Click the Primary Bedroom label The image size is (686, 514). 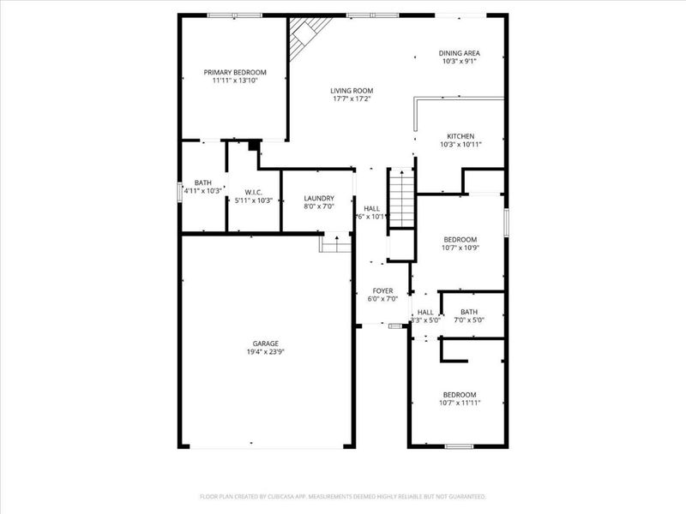click(x=234, y=72)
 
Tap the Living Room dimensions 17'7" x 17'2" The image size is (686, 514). click(x=352, y=99)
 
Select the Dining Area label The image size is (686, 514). click(x=460, y=52)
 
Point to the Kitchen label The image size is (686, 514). click(x=460, y=136)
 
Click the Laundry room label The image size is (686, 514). click(x=318, y=198)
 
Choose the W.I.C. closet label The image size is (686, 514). click(x=253, y=192)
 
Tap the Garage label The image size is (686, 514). click(x=265, y=344)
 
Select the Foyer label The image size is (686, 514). click(x=382, y=290)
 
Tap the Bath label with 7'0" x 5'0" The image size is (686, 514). click(x=469, y=312)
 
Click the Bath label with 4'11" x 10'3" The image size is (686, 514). click(x=203, y=182)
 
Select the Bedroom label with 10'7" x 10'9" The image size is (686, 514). click(x=460, y=239)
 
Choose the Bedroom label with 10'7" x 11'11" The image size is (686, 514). click(x=460, y=394)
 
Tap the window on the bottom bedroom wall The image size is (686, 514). click(x=460, y=445)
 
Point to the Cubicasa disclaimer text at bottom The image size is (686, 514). click(x=343, y=496)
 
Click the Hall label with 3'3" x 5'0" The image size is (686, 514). click(x=425, y=312)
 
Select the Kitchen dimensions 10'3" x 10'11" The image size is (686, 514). click(x=460, y=145)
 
